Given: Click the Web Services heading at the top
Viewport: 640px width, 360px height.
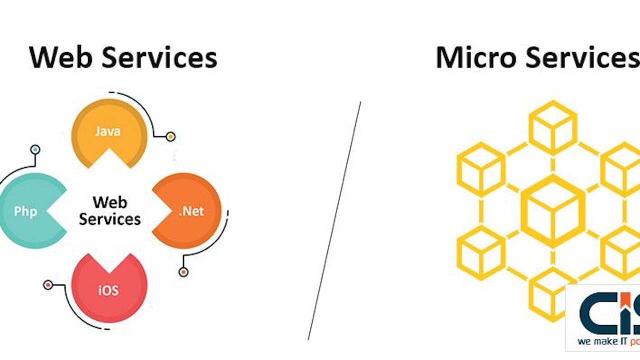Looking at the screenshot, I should [x=123, y=57].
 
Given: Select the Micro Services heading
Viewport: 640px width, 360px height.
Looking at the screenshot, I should [x=537, y=57].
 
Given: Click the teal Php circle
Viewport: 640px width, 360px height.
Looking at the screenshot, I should [x=27, y=210].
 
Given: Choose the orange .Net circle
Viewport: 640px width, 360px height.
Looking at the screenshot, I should [x=190, y=210].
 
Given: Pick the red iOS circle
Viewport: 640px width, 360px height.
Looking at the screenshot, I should [x=109, y=288].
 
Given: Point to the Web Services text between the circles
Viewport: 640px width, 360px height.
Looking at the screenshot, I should [x=109, y=210].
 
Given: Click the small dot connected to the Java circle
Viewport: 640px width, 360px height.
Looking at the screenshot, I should [x=170, y=136].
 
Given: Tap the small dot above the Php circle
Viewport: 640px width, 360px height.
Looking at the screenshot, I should [x=35, y=149].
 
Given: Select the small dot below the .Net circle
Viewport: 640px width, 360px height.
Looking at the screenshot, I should [x=183, y=272].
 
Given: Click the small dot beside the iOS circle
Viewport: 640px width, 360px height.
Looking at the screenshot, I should [x=48, y=285].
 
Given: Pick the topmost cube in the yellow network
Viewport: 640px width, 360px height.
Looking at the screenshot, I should [x=552, y=127].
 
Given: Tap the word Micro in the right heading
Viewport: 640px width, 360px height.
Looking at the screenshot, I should [x=475, y=57].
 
